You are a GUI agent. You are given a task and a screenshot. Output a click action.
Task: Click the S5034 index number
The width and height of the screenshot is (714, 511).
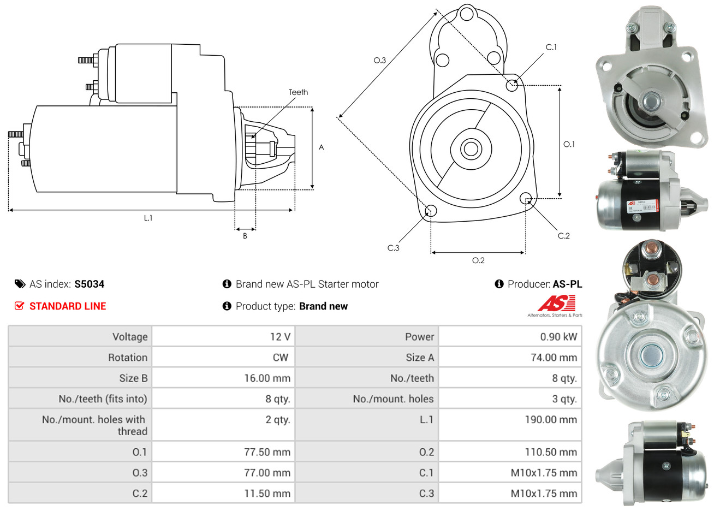[x=89, y=284]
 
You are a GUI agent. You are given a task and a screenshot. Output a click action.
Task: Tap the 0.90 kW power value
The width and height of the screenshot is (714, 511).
[x=558, y=337]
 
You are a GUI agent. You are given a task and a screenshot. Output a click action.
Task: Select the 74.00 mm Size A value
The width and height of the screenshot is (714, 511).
[x=554, y=358]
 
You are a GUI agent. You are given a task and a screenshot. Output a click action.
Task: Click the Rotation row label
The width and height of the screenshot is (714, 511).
[x=127, y=358]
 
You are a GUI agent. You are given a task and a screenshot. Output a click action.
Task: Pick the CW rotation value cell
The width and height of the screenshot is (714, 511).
[x=280, y=358]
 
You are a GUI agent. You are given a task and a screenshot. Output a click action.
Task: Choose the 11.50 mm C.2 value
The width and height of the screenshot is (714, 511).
[x=267, y=494]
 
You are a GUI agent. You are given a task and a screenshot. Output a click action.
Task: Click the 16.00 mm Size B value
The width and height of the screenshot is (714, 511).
[x=267, y=378]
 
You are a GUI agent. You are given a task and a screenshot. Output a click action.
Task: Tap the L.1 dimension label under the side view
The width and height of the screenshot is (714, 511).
[x=148, y=218]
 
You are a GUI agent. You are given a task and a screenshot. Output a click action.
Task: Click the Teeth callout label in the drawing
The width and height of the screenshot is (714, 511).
[x=298, y=92]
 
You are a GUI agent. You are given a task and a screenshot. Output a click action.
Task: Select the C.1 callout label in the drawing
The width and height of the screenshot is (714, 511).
[x=551, y=47]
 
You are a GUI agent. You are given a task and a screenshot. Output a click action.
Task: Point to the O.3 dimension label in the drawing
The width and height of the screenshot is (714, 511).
[x=379, y=61]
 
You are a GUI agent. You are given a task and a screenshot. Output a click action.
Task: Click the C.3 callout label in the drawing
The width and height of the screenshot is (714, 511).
[x=393, y=248]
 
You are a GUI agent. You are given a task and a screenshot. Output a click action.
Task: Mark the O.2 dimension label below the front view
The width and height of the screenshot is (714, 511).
[x=478, y=260]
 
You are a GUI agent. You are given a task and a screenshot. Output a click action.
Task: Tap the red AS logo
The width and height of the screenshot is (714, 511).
[x=556, y=303]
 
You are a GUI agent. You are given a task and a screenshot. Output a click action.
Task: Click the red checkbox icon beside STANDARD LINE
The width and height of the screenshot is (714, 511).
[x=20, y=306]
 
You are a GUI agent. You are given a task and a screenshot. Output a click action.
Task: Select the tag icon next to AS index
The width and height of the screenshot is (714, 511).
[x=20, y=284]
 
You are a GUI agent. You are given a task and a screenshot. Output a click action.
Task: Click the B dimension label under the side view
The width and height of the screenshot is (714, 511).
[x=245, y=236]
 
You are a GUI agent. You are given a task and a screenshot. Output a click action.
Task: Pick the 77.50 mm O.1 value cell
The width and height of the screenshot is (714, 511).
[x=267, y=452]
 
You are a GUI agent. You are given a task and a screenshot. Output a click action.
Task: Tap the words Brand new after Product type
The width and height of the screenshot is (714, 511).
[x=323, y=306]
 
